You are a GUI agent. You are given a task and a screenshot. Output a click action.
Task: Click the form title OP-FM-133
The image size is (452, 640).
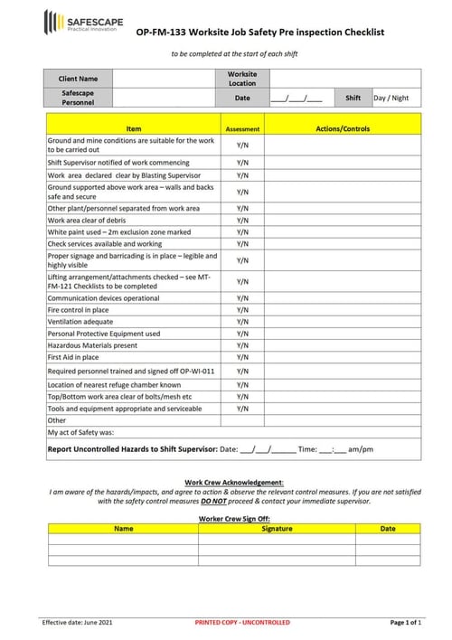coord(259,33)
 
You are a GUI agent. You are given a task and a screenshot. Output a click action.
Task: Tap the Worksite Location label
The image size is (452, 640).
coord(242,79)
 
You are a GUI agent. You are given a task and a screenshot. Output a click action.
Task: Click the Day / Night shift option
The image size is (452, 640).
coord(391,98)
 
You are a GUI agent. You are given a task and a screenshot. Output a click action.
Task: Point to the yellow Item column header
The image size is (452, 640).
coord(134,129)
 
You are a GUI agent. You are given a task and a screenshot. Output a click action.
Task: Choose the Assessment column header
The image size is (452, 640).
coord(242,129)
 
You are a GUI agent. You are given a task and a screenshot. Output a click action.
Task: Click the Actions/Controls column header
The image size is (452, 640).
coord(343,129)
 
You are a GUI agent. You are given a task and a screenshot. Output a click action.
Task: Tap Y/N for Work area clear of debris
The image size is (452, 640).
coord(242,220)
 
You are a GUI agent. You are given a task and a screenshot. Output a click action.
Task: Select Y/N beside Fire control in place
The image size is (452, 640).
coord(242,310)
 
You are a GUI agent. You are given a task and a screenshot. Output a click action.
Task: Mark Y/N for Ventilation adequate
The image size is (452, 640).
coord(242,322)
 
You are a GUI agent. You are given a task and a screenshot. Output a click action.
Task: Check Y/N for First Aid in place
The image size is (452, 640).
coord(242,357)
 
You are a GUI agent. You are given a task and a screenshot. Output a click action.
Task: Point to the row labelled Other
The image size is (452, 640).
coord(57,420)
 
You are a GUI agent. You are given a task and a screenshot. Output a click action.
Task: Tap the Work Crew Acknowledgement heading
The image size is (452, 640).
coord(233,483)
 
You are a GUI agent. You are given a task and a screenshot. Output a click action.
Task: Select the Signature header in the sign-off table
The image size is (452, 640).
coord(277,529)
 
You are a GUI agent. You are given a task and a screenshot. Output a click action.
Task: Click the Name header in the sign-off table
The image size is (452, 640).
coord(124,529)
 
